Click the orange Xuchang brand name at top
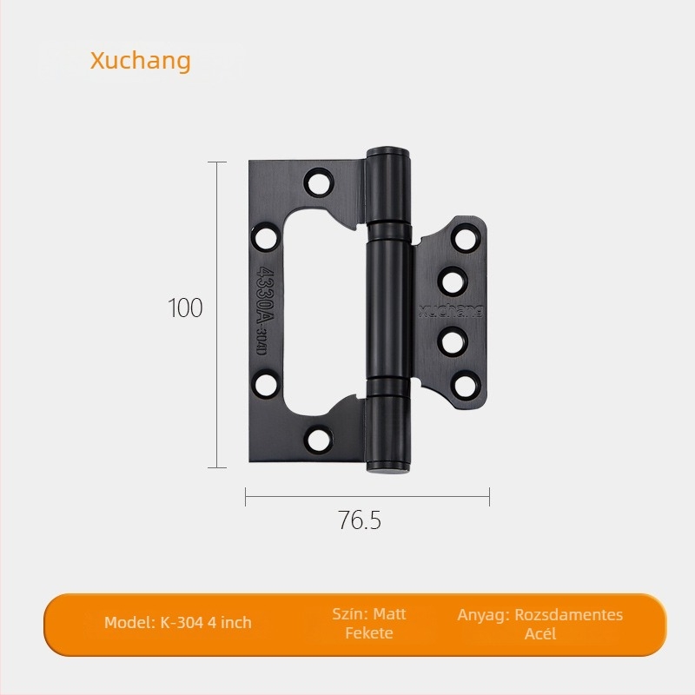[141, 61]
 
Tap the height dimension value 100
[185, 308]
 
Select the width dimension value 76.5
[360, 520]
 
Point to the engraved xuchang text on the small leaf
[451, 311]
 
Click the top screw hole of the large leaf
[319, 182]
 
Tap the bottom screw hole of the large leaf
[319, 440]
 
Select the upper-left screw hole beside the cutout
[265, 237]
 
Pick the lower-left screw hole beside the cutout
[267, 384]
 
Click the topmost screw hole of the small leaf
[466, 238]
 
